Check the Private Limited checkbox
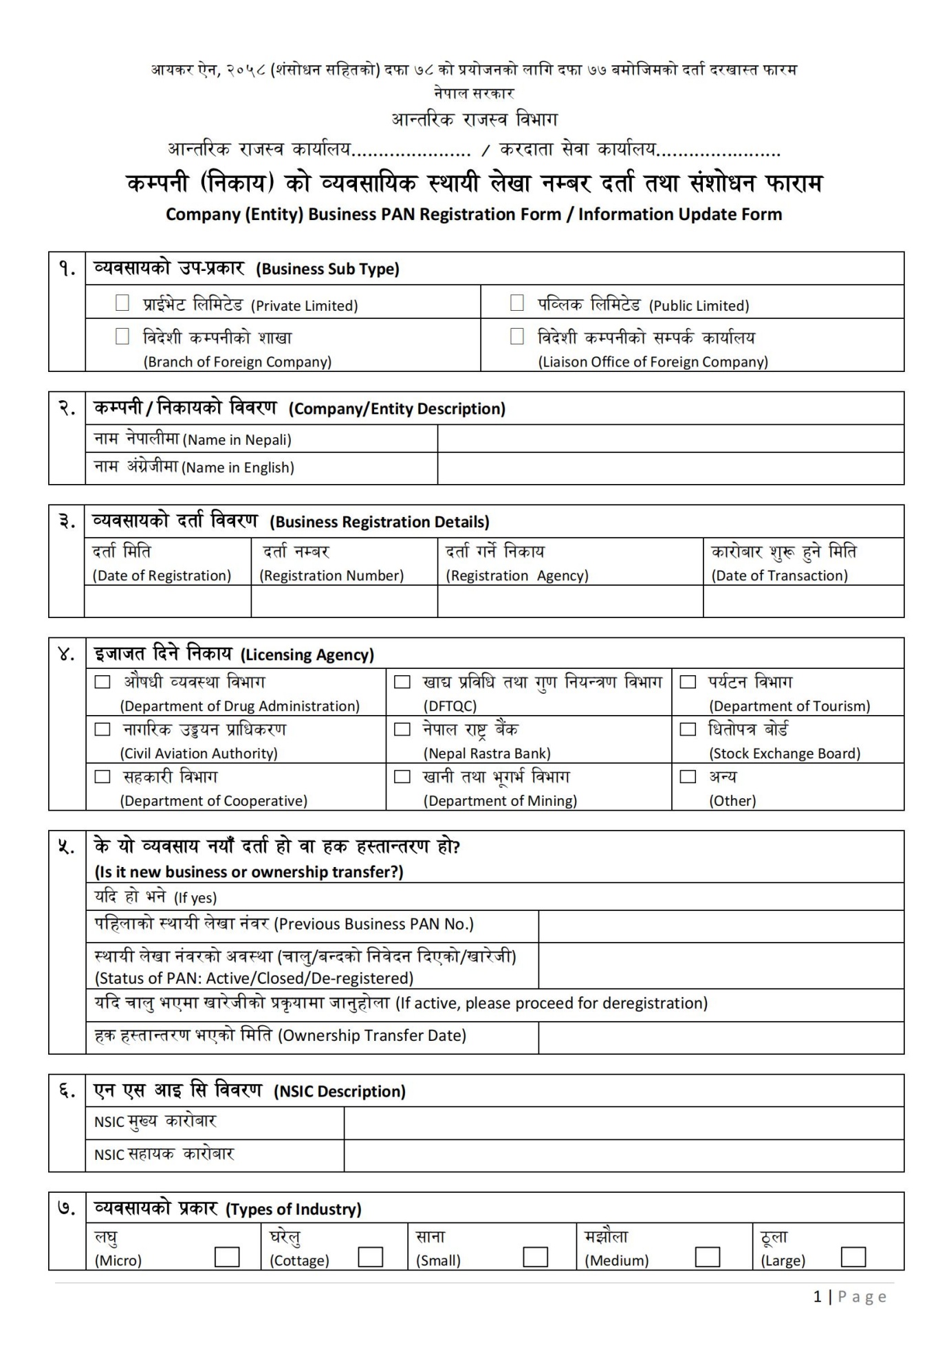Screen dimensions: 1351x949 click(x=122, y=303)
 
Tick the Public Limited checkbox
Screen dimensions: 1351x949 click(x=517, y=303)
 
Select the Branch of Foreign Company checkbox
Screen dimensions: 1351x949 click(x=122, y=336)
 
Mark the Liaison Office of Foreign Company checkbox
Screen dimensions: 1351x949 click(x=517, y=336)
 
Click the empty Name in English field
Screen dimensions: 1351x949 click(x=670, y=468)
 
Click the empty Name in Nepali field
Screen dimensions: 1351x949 click(x=670, y=439)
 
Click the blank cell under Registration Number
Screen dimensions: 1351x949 click(x=344, y=602)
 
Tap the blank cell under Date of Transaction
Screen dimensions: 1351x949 click(x=803, y=602)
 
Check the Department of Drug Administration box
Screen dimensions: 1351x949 click(x=102, y=682)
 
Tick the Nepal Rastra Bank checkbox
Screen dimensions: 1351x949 click(x=402, y=729)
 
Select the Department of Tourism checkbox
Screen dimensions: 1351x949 click(x=688, y=682)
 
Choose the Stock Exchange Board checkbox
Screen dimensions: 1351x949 click(x=688, y=729)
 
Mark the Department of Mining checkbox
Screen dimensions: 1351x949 click(x=402, y=777)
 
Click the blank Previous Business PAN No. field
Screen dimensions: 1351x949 click(x=720, y=926)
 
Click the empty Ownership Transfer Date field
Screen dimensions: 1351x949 click(x=720, y=1037)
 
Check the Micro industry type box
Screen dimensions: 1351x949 click(x=227, y=1257)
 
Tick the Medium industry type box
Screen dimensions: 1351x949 click(x=707, y=1257)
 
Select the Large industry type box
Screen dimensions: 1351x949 click(x=853, y=1257)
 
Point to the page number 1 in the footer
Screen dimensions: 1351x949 click(x=818, y=1297)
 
